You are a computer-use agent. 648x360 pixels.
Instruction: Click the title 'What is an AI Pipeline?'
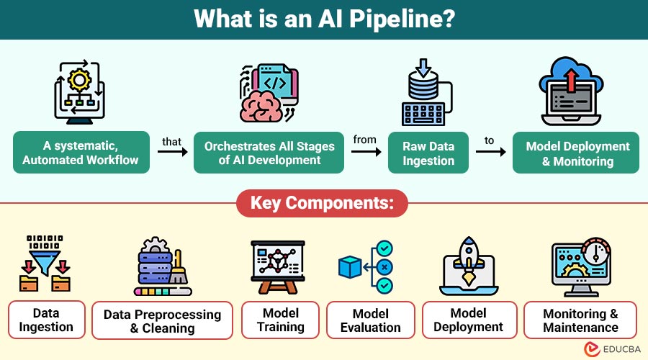pyautogui.click(x=323, y=19)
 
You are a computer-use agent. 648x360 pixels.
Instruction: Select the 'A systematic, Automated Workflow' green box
pyautogui.click(x=81, y=153)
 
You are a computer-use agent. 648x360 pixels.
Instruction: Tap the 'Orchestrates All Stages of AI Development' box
pyautogui.click(x=269, y=153)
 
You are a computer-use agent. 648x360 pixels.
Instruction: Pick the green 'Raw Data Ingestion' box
pyautogui.click(x=428, y=153)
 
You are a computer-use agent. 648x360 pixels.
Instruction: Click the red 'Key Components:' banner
pyautogui.click(x=322, y=204)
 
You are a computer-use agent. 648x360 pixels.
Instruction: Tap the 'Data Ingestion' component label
pyautogui.click(x=46, y=320)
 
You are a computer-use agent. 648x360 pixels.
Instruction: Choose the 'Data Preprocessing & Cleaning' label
pyautogui.click(x=163, y=321)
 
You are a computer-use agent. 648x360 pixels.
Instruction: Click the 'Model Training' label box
pyautogui.click(x=280, y=320)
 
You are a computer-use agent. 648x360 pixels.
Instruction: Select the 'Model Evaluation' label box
pyautogui.click(x=371, y=320)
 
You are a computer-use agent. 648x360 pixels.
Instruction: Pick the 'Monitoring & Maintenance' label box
pyautogui.click(x=580, y=320)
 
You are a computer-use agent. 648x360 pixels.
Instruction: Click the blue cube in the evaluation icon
pyautogui.click(x=350, y=267)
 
